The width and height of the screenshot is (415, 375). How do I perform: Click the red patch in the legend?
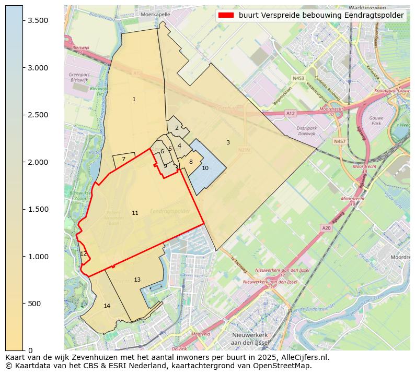225,16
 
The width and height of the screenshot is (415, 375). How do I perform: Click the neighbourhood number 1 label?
134,99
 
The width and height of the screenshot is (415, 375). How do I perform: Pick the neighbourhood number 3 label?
228,142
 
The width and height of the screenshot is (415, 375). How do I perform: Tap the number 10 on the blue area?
205,168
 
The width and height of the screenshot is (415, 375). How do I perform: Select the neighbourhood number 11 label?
135,213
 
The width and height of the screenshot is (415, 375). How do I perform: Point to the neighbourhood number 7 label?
123,160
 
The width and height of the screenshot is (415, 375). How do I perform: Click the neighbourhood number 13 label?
137,280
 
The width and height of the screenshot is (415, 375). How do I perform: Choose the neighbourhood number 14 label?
107,306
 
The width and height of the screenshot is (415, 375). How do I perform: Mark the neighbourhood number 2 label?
177,128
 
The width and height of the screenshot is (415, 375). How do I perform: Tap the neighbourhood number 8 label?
191,162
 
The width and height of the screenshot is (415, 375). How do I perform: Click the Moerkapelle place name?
155,15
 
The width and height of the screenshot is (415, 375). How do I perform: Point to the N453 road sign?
298,78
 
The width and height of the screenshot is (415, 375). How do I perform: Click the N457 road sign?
340,141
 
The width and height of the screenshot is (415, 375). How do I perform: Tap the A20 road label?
326,228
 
